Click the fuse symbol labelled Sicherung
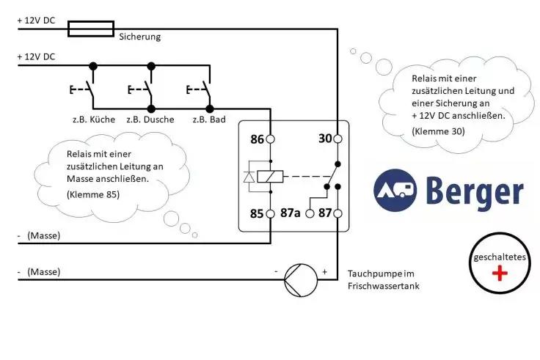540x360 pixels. point(90,29)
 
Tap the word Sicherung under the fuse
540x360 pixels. point(139,37)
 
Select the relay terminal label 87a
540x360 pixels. point(291,213)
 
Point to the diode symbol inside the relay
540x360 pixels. point(249,176)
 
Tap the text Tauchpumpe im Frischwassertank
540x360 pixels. point(384,279)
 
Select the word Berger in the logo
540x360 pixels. point(475,191)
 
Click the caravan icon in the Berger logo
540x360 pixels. point(395,188)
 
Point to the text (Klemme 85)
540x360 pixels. point(93,194)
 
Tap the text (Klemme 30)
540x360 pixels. point(438,131)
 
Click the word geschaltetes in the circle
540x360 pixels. point(500,257)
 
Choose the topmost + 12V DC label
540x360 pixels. point(36,21)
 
